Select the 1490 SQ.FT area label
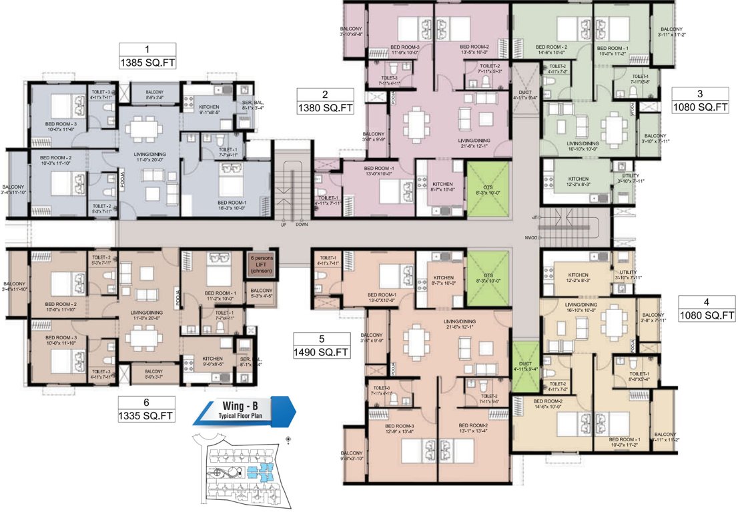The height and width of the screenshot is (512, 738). click(321, 351)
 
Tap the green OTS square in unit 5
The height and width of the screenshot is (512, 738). click(487, 273)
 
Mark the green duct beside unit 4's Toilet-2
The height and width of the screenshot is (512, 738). click(526, 364)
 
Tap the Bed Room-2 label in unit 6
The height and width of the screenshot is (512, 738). click(61, 303)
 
